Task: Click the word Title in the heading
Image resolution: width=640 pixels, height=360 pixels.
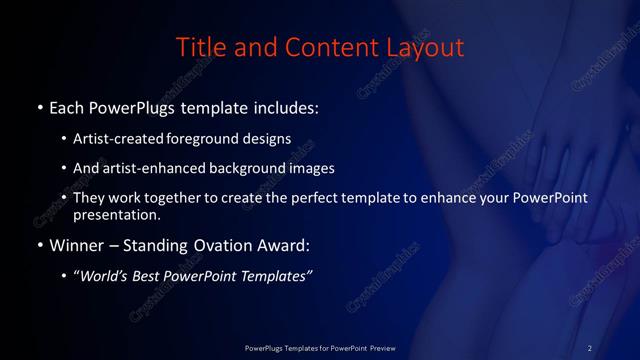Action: tap(198, 47)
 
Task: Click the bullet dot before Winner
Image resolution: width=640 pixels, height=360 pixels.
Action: tap(39, 244)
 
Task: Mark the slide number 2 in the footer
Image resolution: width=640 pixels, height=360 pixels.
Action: tap(589, 347)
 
